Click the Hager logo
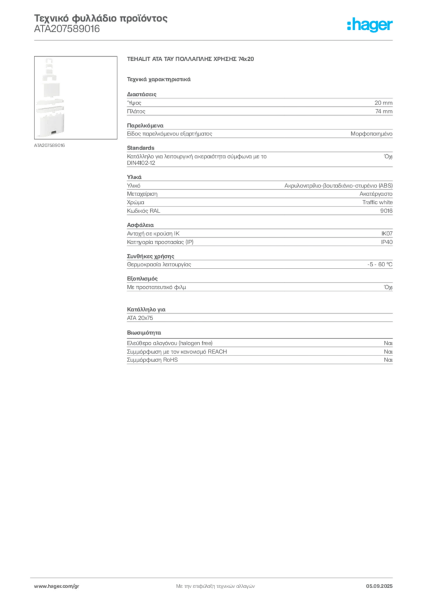pos(370,25)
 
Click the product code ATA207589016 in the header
pos(67,29)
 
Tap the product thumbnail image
pos(75,98)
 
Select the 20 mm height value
pos(383,103)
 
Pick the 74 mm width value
pos(384,112)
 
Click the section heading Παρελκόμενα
pos(145,126)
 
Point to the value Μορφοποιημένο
pos(372,134)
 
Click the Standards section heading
pos(141,148)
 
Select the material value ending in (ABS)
pos(338,186)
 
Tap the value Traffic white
pos(377,202)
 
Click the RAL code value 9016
pos(386,210)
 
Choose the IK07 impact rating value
pos(387,234)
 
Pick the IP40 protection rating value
pos(387,242)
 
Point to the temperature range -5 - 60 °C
pos(380,265)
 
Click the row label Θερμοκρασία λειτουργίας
pos(159,265)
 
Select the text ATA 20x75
pos(140,318)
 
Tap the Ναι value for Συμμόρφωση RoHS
pos(388,360)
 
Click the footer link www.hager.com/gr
pos(57,586)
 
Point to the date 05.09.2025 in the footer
pos(379,586)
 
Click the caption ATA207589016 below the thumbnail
pos(49,145)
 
